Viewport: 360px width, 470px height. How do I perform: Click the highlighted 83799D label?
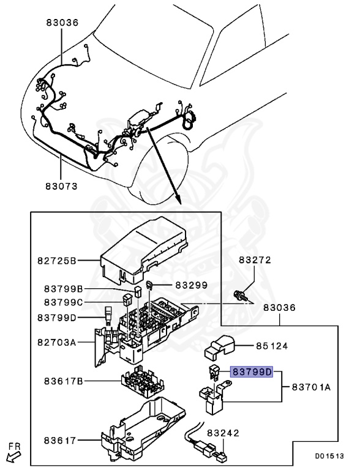click(250, 371)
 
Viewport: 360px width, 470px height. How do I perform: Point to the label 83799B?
click(64, 288)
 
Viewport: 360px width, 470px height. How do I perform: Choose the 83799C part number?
click(64, 302)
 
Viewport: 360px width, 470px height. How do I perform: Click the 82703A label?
click(56, 342)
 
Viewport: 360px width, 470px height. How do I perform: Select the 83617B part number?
click(64, 381)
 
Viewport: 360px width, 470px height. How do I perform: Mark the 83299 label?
click(191, 285)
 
